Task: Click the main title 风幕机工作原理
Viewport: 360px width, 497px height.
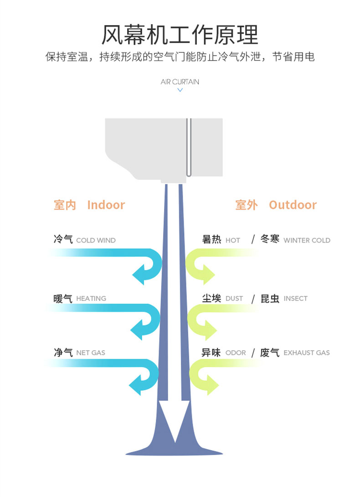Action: [180, 34]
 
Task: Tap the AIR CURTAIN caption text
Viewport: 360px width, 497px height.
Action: [180, 82]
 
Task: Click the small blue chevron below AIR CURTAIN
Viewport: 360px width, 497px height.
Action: [180, 90]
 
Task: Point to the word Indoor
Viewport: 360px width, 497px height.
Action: [106, 205]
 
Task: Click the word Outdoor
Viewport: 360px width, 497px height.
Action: [293, 205]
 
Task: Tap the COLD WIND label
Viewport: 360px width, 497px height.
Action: [96, 240]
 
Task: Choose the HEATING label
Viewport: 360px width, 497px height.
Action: [91, 299]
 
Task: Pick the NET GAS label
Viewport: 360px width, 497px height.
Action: [91, 352]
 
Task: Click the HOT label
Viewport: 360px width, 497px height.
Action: [232, 240]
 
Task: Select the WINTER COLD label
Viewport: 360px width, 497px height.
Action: [307, 240]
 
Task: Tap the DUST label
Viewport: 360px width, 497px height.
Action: [234, 299]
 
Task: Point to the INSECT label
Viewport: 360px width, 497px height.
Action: [295, 299]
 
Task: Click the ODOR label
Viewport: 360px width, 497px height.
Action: [236, 352]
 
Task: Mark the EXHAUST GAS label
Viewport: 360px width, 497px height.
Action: [306, 352]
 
